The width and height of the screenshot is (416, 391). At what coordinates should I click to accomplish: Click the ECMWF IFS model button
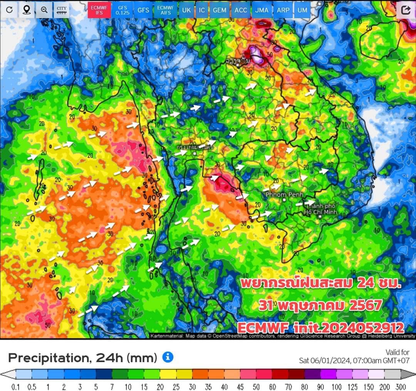(x=100, y=10)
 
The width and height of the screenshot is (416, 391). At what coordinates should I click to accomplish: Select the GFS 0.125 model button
(x=123, y=10)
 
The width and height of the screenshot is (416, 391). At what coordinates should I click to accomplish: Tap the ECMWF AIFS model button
(x=165, y=10)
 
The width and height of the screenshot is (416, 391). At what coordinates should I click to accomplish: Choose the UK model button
(x=186, y=10)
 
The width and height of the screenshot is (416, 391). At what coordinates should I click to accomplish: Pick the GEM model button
(x=220, y=10)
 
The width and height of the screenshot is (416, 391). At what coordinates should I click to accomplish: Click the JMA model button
(x=262, y=10)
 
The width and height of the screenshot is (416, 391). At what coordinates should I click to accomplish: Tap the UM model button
(x=303, y=10)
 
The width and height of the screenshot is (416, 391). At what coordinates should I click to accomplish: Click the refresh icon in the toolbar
(x=9, y=10)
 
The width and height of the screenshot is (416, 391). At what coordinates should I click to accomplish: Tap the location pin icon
(x=27, y=10)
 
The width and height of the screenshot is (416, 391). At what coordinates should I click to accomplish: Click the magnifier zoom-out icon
(x=44, y=10)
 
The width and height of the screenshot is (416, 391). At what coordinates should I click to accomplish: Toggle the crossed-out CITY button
(x=61, y=10)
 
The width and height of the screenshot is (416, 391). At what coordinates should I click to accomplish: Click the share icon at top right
(x=406, y=10)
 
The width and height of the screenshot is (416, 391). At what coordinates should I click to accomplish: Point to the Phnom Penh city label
(x=284, y=195)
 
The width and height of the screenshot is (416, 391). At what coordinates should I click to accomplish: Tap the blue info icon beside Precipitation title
(x=168, y=357)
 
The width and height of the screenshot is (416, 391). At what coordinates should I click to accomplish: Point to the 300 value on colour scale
(x=400, y=386)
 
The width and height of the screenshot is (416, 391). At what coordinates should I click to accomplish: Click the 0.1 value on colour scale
(x=16, y=386)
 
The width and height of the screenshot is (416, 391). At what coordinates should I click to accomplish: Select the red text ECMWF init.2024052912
(x=321, y=327)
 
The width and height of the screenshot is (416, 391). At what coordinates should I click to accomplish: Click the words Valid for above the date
(x=397, y=352)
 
